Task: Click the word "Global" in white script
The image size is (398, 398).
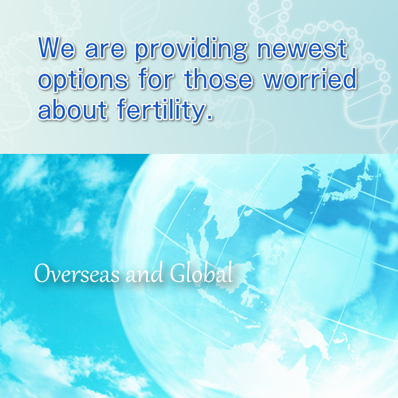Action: (x=202, y=274)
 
